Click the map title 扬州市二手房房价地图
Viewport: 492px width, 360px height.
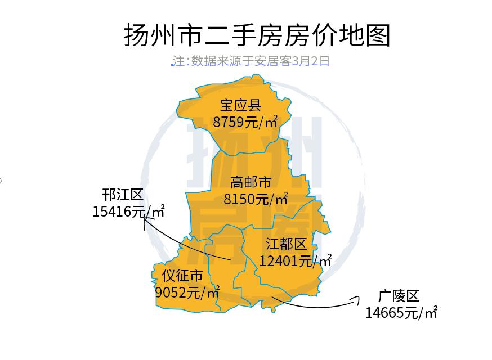click(257, 35)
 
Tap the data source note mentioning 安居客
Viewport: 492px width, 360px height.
click(251, 61)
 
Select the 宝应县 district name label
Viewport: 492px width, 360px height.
click(240, 105)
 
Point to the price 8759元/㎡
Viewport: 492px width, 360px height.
click(245, 121)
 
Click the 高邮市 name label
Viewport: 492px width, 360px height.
click(251, 182)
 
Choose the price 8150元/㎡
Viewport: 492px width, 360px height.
click(256, 199)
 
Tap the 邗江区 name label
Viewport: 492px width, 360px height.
click(123, 195)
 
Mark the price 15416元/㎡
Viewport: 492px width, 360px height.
click(128, 211)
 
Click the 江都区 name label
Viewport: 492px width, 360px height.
click(287, 244)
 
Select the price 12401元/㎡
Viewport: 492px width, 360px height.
click(295, 260)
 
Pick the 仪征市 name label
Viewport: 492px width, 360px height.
click(182, 276)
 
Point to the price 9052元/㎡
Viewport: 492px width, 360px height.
click(187, 292)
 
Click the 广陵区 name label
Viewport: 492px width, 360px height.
click(399, 296)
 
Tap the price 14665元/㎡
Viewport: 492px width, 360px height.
click(401, 312)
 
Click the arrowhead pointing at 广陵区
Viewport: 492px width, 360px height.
click(356, 300)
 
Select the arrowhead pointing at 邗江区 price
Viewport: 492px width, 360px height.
click(145, 220)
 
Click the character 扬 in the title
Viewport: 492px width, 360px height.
click(137, 35)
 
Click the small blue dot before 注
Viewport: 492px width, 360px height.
click(172, 65)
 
